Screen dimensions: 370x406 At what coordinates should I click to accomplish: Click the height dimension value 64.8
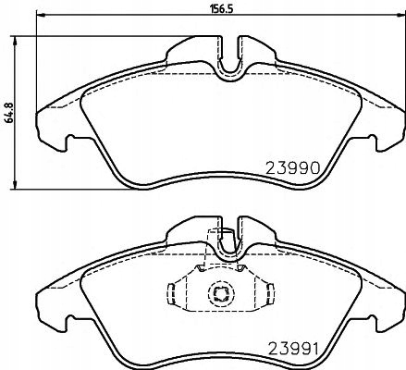(8, 113)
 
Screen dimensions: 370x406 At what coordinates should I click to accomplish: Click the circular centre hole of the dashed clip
(220, 294)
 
